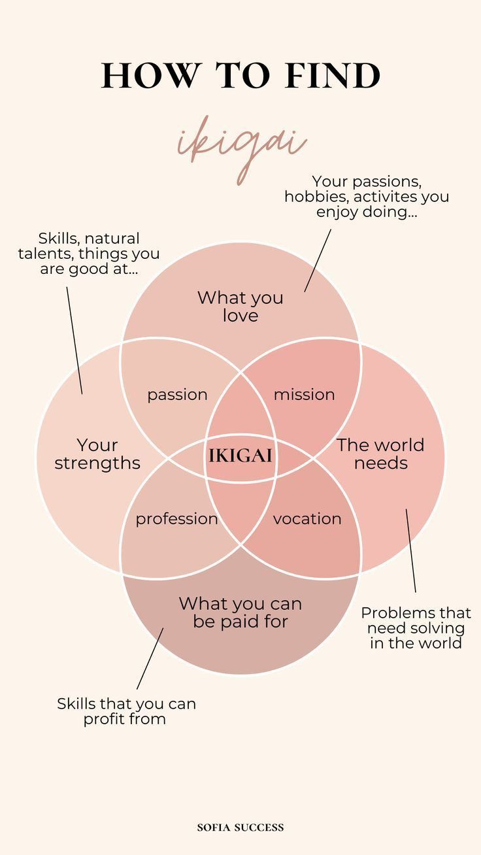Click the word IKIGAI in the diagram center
pyautogui.click(x=241, y=456)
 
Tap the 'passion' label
pyautogui.click(x=177, y=395)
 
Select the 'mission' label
pyautogui.click(x=304, y=395)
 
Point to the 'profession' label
pyautogui.click(x=176, y=519)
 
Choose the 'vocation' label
pyautogui.click(x=307, y=519)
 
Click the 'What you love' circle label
pyautogui.click(x=241, y=307)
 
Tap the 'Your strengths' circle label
pyautogui.click(x=97, y=454)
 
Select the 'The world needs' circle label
pyautogui.click(x=380, y=454)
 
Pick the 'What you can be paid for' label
pyautogui.click(x=241, y=612)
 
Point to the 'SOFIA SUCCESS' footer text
pyautogui.click(x=241, y=827)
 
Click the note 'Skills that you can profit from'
pyautogui.click(x=126, y=712)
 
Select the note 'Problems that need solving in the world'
pyautogui.click(x=416, y=628)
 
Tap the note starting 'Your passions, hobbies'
pyautogui.click(x=366, y=196)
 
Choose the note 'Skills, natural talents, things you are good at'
pyautogui.click(x=89, y=254)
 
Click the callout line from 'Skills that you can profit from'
pyautogui.click(x=150, y=659)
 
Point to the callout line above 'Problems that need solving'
pyautogui.click(x=411, y=551)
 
